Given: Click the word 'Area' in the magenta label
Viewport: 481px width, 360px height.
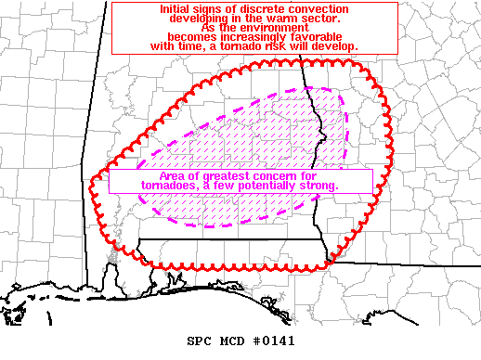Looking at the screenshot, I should [149, 176].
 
